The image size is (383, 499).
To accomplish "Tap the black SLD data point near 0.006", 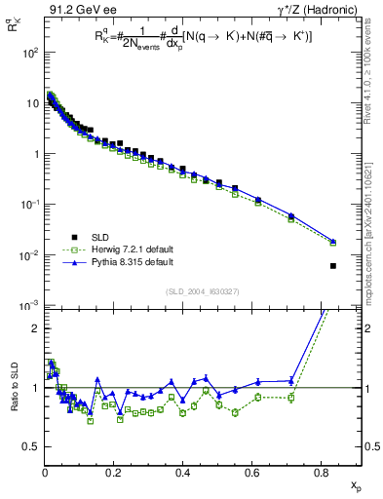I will pos(333,266).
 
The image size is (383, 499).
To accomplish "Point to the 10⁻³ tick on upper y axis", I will pos(29,306).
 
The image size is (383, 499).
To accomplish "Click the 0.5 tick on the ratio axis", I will pos(33,447).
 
